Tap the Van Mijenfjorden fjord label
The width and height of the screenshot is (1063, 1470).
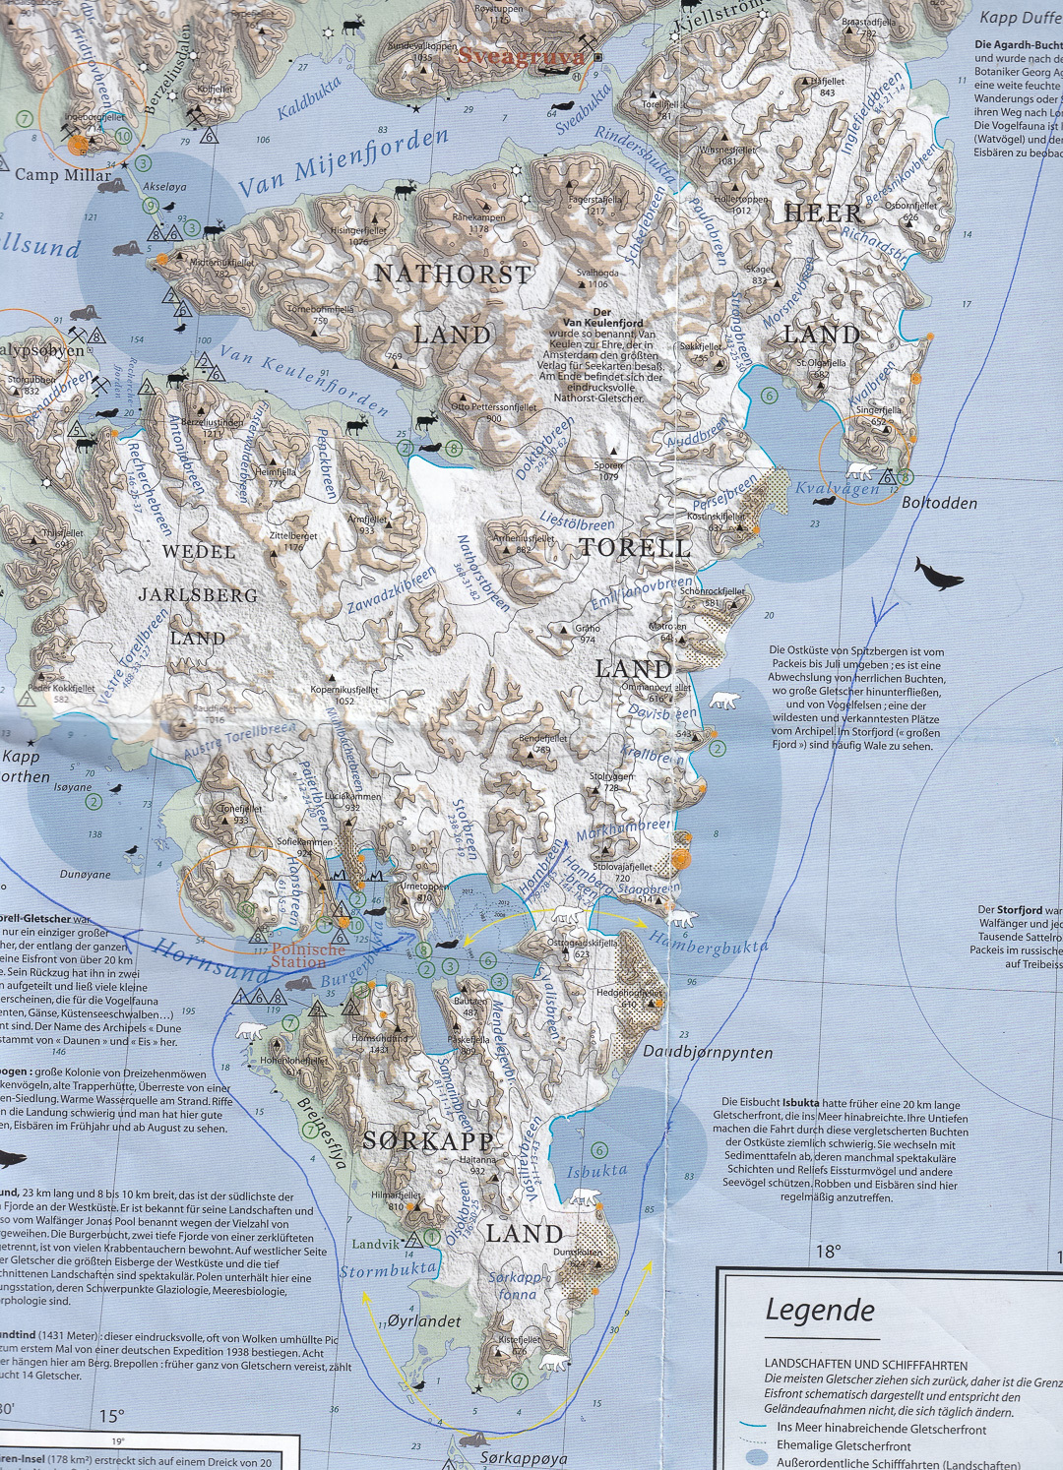pyautogui.click(x=344, y=164)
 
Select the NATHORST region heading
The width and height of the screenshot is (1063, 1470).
pyautogui.click(x=453, y=275)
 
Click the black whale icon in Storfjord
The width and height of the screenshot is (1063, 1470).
pyautogui.click(x=938, y=573)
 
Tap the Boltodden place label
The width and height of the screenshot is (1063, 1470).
pyautogui.click(x=939, y=503)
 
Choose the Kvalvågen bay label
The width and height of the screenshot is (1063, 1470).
pyautogui.click(x=838, y=489)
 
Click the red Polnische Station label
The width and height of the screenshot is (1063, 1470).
pyautogui.click(x=308, y=955)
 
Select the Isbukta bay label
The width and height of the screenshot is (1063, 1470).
pyautogui.click(x=596, y=1171)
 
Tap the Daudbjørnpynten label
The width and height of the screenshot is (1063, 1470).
pyautogui.click(x=708, y=1052)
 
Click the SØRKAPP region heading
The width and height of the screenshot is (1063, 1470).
pyautogui.click(x=428, y=1141)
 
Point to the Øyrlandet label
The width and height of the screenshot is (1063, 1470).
pyautogui.click(x=424, y=1320)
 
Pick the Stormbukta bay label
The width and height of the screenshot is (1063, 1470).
pyautogui.click(x=387, y=1270)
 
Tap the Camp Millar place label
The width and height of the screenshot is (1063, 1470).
pyautogui.click(x=63, y=174)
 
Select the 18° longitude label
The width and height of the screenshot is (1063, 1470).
pyautogui.click(x=828, y=1252)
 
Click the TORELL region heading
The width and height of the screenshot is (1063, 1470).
pyautogui.click(x=635, y=548)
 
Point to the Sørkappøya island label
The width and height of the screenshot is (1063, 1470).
pyautogui.click(x=524, y=1457)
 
